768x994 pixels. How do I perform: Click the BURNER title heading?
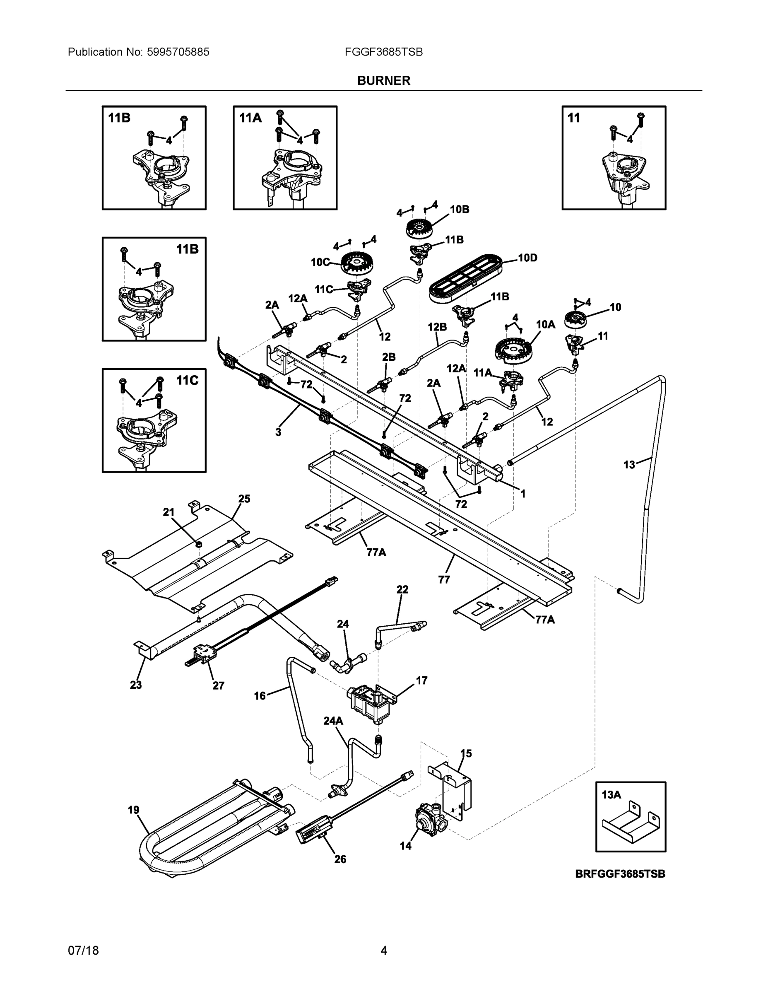point(383,81)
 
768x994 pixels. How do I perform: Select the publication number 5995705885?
point(178,52)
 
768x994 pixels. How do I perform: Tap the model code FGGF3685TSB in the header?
point(383,52)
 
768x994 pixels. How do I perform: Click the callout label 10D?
point(528,258)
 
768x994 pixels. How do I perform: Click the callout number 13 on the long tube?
point(629,465)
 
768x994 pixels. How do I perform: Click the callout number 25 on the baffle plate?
point(244,499)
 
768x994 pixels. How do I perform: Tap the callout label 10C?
point(320,262)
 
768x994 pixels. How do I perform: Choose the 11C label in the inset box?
point(188,381)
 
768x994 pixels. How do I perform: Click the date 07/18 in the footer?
point(83,951)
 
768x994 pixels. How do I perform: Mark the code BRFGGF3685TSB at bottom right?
point(620,874)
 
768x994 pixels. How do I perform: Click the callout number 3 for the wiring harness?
point(278,432)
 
